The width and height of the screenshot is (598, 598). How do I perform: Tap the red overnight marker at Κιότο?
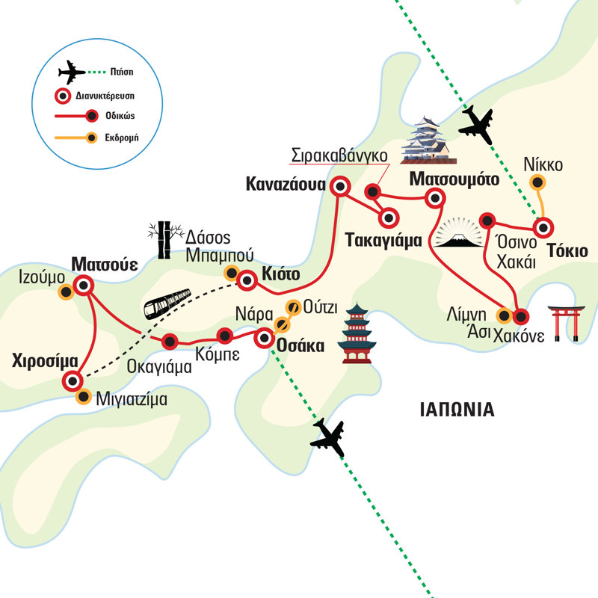click(x=247, y=281)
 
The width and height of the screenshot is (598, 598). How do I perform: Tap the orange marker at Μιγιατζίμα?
click(x=83, y=396)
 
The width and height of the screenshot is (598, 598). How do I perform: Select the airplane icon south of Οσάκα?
click(x=329, y=437)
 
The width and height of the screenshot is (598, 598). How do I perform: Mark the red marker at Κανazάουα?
click(x=341, y=186)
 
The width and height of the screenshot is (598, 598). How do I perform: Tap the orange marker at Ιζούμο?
click(x=66, y=293)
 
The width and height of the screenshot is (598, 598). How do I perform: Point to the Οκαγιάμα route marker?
click(x=171, y=342)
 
